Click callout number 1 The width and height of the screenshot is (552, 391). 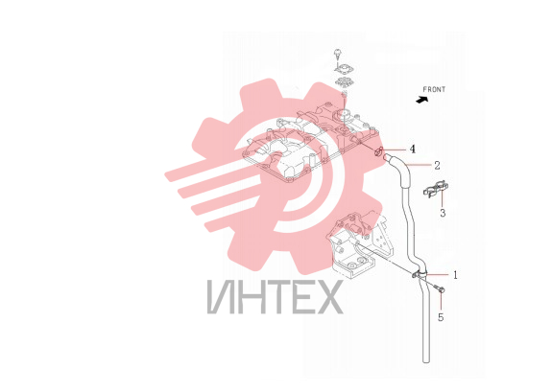click(x=455, y=275)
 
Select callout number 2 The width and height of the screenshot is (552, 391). click(x=437, y=165)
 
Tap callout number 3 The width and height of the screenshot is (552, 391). click(x=443, y=213)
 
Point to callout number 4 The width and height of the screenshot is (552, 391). click(x=412, y=149)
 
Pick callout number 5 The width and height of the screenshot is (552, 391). click(x=441, y=317)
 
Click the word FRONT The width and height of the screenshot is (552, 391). click(x=434, y=89)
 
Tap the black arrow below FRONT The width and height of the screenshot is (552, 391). click(x=421, y=100)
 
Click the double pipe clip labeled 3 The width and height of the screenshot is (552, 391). click(x=436, y=189)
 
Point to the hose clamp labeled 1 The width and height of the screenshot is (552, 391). click(x=420, y=274)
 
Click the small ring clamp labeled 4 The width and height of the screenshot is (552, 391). click(x=379, y=152)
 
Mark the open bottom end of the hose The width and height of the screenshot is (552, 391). click(x=426, y=360)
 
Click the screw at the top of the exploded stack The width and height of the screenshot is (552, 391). click(x=338, y=54)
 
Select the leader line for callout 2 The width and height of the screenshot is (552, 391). click(x=418, y=165)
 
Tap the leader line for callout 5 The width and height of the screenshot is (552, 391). click(x=441, y=302)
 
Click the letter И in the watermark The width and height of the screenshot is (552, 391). click(x=221, y=296)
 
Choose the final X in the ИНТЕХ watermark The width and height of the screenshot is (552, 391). click(x=328, y=296)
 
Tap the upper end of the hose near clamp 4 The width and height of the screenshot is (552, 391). click(x=386, y=155)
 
